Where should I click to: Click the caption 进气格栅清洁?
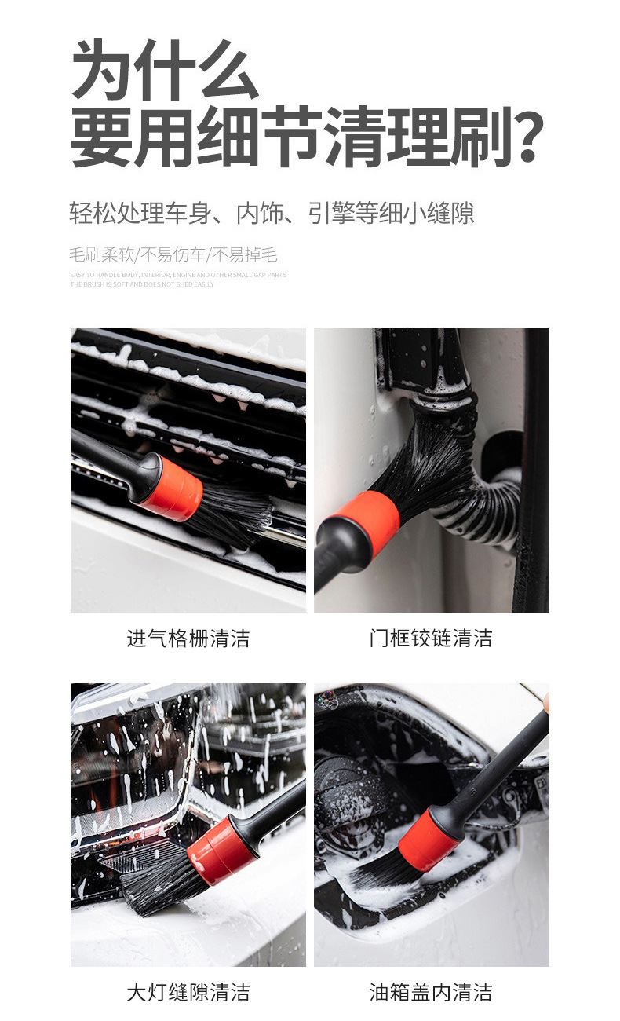click(x=188, y=638)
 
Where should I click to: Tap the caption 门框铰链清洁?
click(x=431, y=638)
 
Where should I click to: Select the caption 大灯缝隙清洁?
click(x=188, y=992)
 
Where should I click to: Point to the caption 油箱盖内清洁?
click(x=431, y=992)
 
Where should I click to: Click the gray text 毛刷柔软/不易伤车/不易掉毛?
click(x=173, y=254)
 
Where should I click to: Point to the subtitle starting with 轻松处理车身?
click(x=272, y=213)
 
